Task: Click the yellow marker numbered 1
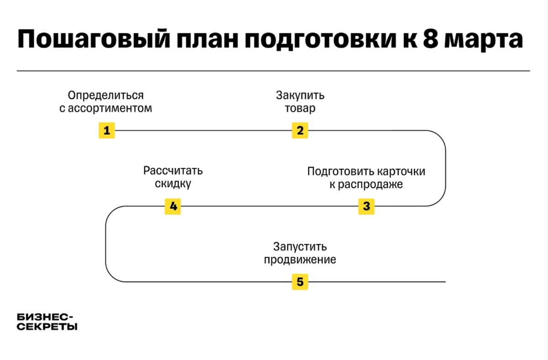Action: click(106, 131)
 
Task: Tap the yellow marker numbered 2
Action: click(300, 131)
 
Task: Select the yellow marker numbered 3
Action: click(366, 206)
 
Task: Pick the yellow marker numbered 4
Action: click(173, 206)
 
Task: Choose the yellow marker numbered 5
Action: click(300, 282)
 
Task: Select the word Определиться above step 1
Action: click(105, 96)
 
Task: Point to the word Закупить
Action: click(300, 96)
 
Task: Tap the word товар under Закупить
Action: click(300, 109)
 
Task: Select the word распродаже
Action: click(371, 185)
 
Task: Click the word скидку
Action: click(173, 184)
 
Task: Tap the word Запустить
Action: click(300, 247)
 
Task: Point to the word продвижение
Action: click(300, 260)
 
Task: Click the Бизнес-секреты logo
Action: click(47, 322)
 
